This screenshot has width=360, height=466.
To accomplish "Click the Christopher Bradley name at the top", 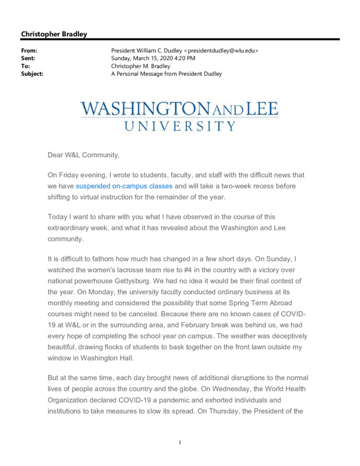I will click(x=54, y=34).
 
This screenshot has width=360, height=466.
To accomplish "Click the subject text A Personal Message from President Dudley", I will click(x=167, y=74).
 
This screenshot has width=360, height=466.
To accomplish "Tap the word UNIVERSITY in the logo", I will click(x=180, y=125).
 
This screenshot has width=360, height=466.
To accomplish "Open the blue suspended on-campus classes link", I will click(x=124, y=186).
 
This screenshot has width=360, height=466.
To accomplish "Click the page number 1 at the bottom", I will click(x=180, y=443).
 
